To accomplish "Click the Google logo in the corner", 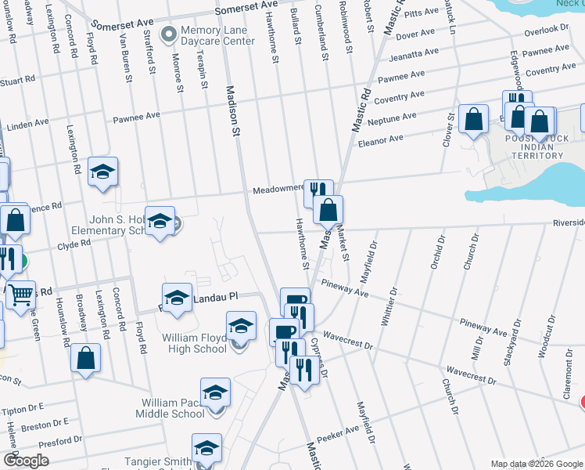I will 27,460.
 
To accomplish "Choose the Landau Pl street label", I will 221,296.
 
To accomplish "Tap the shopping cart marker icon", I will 20,295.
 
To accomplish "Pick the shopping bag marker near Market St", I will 328,209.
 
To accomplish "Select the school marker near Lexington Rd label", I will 102,172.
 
